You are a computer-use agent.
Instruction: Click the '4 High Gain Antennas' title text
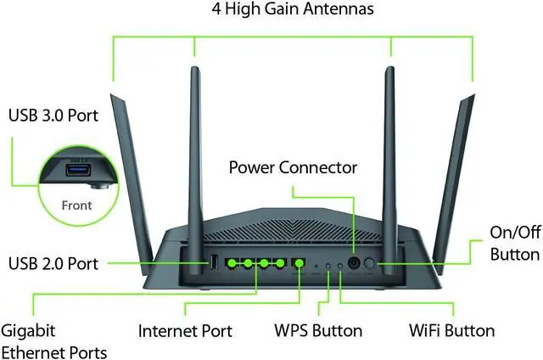click(292, 11)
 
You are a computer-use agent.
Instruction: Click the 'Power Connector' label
click(293, 166)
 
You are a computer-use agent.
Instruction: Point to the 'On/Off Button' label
click(515, 243)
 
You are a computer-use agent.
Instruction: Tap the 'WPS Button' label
click(318, 330)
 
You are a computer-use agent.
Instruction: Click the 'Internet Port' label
click(185, 330)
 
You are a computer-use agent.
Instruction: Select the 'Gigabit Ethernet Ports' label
click(53, 341)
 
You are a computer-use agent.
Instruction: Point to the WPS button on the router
click(329, 266)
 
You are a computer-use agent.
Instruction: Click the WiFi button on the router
click(340, 266)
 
